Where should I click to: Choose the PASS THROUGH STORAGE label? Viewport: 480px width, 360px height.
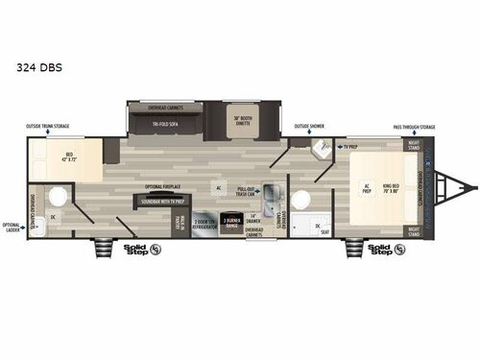point(414,126)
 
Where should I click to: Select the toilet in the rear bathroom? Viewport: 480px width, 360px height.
point(56,197)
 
